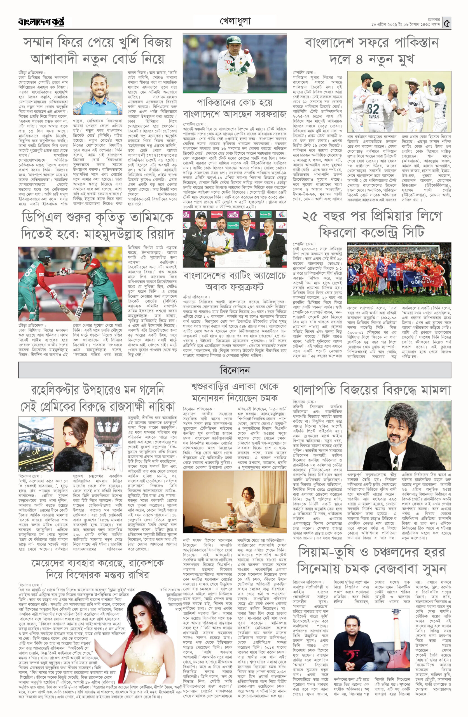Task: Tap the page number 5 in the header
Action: tap(447, 23)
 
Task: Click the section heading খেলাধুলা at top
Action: tap(235, 21)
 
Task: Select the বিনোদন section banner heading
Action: tap(235, 370)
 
